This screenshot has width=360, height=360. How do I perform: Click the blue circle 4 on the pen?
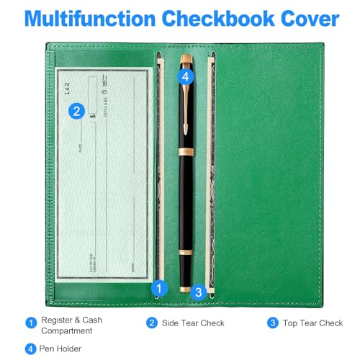point(185,76)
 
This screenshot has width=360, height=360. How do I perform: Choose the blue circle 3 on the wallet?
point(199,290)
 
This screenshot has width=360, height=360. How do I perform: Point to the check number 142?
point(67,88)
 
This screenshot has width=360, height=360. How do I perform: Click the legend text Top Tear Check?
point(312,324)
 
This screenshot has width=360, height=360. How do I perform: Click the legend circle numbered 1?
point(30,323)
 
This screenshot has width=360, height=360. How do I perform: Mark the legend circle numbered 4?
point(30,348)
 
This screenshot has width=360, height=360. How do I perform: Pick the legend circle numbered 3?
point(273,323)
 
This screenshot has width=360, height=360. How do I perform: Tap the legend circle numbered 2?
point(152,323)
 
